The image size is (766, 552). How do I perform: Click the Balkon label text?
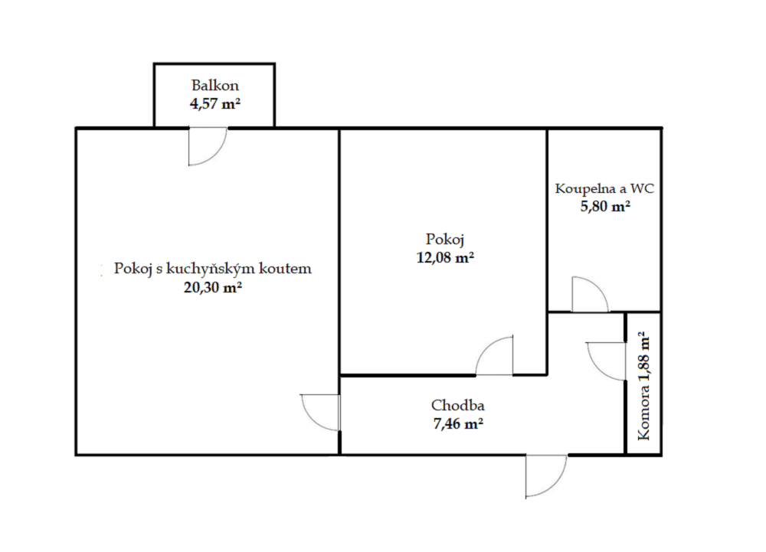(x=214, y=86)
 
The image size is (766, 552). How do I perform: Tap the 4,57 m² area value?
(x=215, y=103)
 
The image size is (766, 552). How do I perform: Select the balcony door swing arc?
(x=208, y=146)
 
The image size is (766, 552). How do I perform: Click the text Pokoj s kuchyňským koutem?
(x=212, y=269)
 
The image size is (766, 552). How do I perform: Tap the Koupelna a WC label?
(x=604, y=188)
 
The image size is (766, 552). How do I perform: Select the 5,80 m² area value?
(x=604, y=206)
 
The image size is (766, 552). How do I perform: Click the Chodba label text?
(x=457, y=406)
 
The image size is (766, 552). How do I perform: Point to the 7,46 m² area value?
(x=457, y=423)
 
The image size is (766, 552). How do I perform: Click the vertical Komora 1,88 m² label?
(x=643, y=387)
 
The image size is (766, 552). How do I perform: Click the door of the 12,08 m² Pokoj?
(x=495, y=357)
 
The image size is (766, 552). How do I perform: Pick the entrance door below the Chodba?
(x=546, y=475)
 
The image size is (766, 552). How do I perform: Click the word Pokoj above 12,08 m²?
(x=444, y=239)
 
